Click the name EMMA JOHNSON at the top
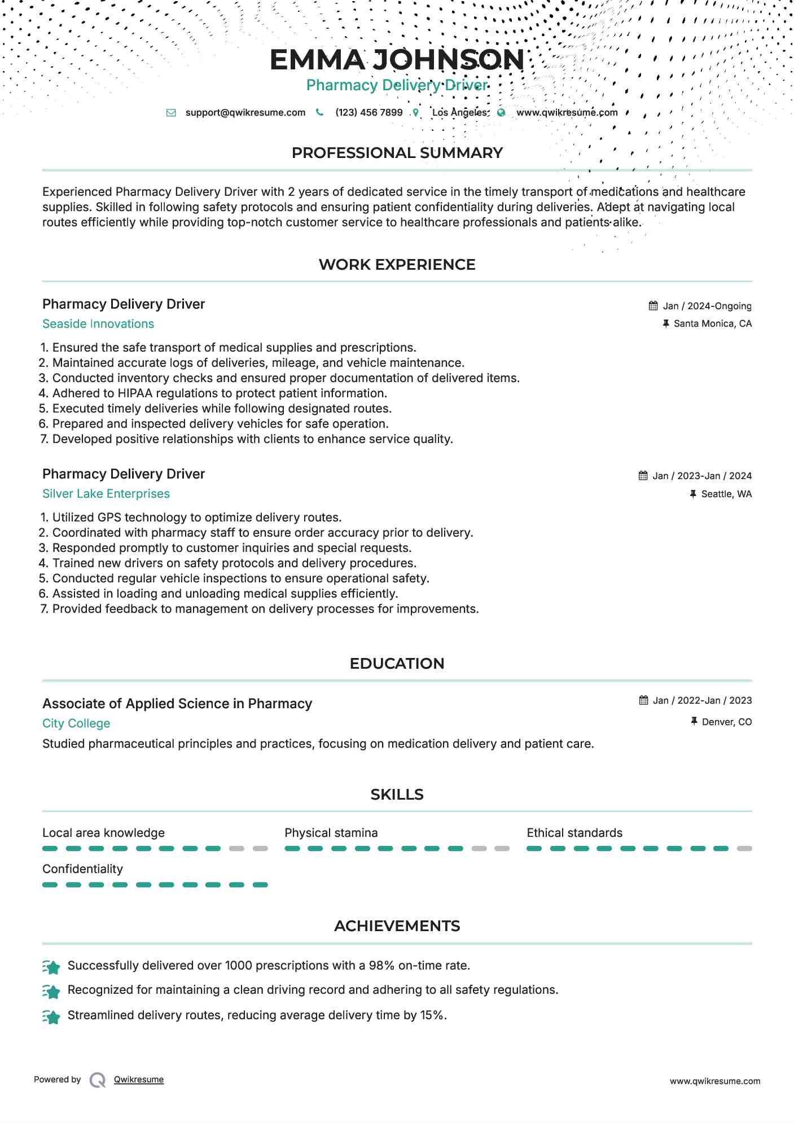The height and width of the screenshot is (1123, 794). [x=397, y=60]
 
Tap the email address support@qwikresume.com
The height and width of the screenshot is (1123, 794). [x=245, y=112]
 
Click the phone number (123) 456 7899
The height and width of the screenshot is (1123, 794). [x=369, y=112]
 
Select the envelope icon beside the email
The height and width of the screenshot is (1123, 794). [x=171, y=113]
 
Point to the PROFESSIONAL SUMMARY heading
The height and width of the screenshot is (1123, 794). [x=397, y=153]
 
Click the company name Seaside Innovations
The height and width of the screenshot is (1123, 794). [x=98, y=324]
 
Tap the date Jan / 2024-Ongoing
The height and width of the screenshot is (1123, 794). [x=707, y=306]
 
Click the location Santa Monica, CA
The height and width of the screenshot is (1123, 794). [x=712, y=324]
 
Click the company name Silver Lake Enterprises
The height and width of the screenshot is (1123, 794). [x=106, y=494]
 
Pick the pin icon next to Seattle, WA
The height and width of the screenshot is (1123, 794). [x=693, y=494]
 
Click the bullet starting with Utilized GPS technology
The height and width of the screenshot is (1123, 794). [x=196, y=517]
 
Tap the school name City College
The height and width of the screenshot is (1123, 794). [x=76, y=723]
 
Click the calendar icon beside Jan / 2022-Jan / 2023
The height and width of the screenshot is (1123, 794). [x=643, y=700]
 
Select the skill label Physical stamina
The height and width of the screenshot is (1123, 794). [x=331, y=833]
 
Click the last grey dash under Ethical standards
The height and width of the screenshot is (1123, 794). [x=744, y=849]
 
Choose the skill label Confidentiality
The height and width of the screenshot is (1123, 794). [x=82, y=869]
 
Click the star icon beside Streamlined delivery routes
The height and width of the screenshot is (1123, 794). [x=51, y=1016]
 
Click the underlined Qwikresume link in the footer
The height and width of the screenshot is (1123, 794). [x=138, y=1080]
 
